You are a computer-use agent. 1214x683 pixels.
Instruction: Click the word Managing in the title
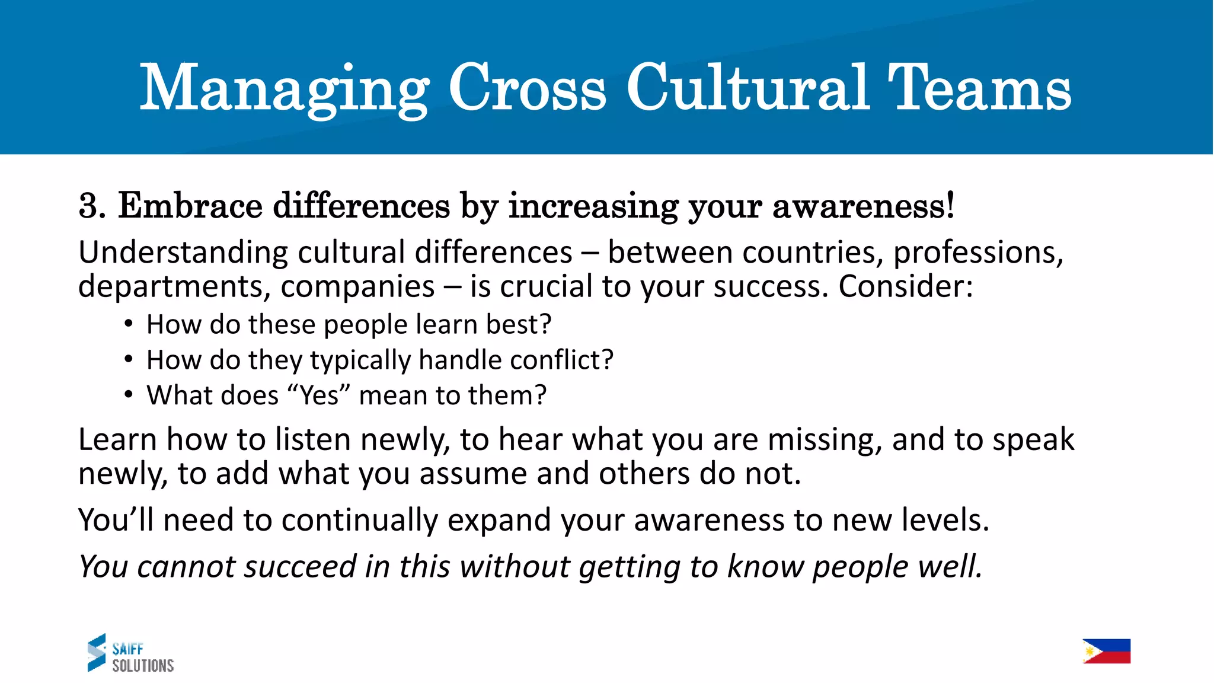click(284, 89)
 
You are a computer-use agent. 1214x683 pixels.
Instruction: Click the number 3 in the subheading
click(88, 206)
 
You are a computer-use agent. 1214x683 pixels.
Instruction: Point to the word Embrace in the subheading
click(190, 206)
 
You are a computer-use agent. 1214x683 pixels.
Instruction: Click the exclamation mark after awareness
click(950, 205)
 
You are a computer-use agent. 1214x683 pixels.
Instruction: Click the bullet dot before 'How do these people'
click(129, 324)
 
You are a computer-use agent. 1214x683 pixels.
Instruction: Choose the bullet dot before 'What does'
click(129, 395)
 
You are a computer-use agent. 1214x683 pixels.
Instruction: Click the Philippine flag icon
click(1106, 651)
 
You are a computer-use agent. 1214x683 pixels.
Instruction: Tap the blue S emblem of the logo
click(97, 652)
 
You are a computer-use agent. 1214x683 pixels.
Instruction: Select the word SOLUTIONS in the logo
click(143, 666)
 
